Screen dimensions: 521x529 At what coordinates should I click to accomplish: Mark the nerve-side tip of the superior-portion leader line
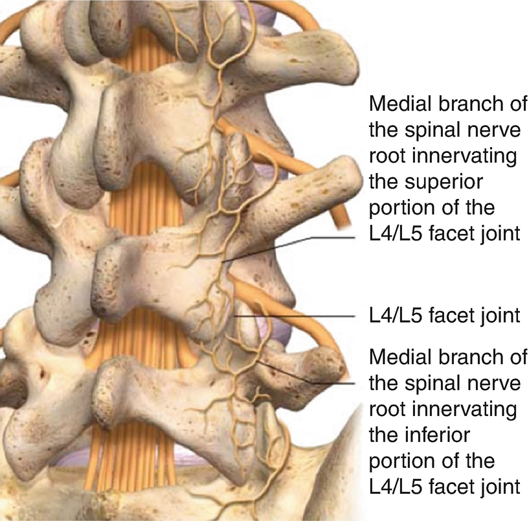point(223,261)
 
